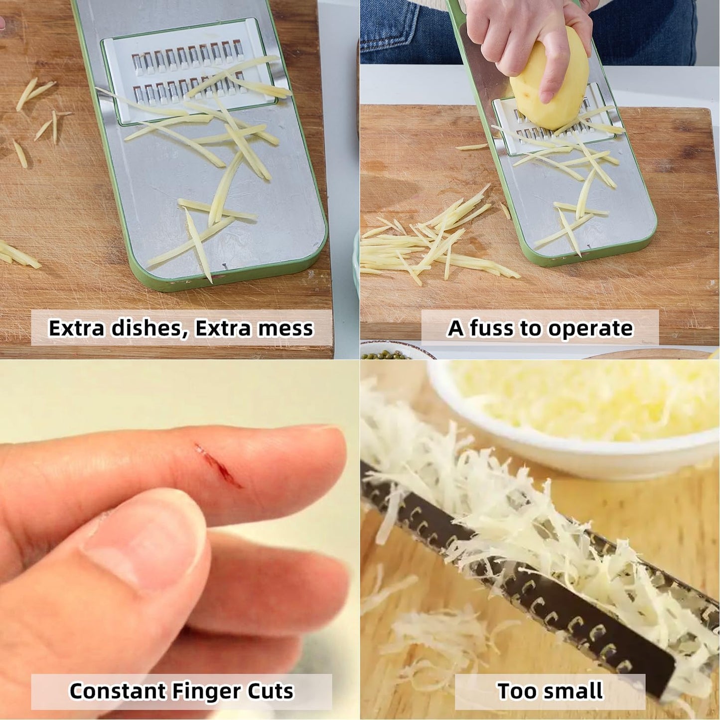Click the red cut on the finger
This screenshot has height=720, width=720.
[x=217, y=465]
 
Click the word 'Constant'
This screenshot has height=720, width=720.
[x=117, y=681]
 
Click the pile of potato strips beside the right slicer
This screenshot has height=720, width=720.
[x=433, y=243]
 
